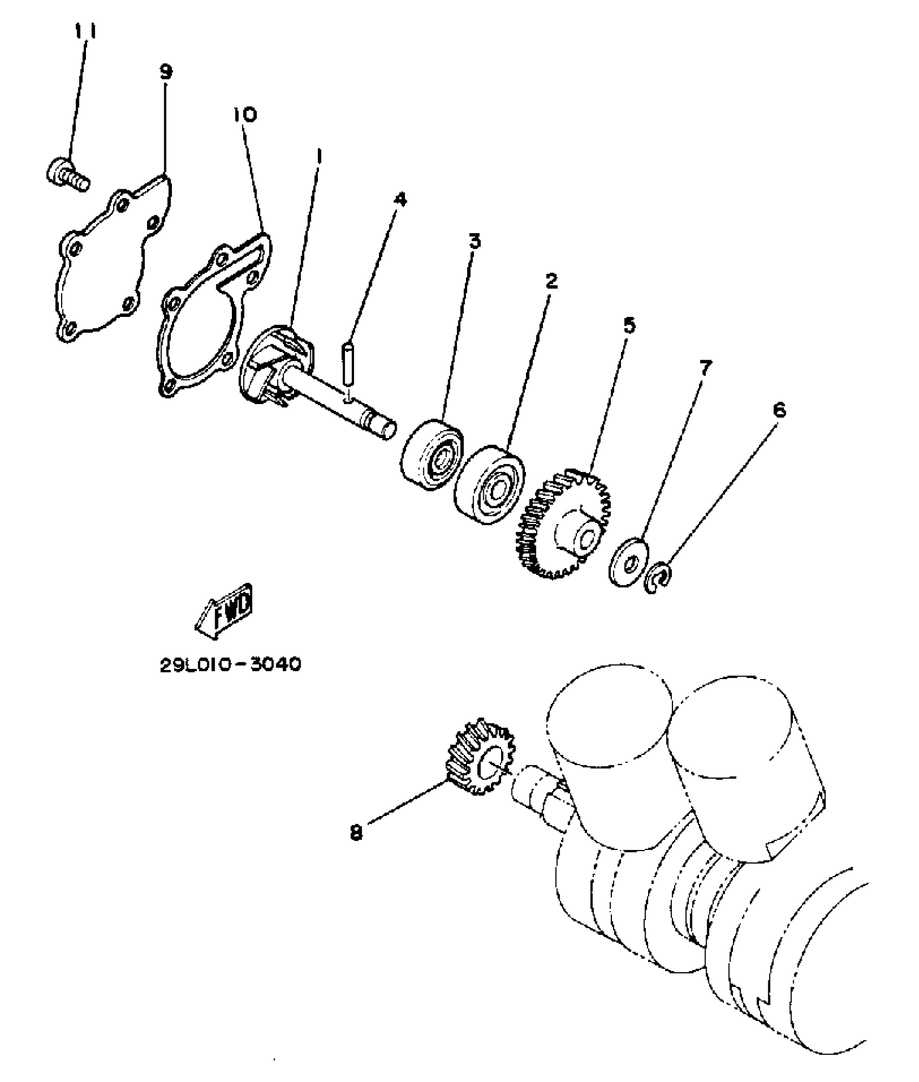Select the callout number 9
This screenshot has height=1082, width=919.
pyautogui.click(x=166, y=71)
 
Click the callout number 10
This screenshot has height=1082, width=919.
pyautogui.click(x=245, y=115)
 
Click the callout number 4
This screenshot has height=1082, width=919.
pyautogui.click(x=399, y=200)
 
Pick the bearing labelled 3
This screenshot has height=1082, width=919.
pyautogui.click(x=432, y=454)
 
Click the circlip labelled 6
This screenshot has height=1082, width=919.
pyautogui.click(x=660, y=579)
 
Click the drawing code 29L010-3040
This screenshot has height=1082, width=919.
pyautogui.click(x=230, y=664)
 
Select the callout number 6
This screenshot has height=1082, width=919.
pyautogui.click(x=779, y=411)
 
